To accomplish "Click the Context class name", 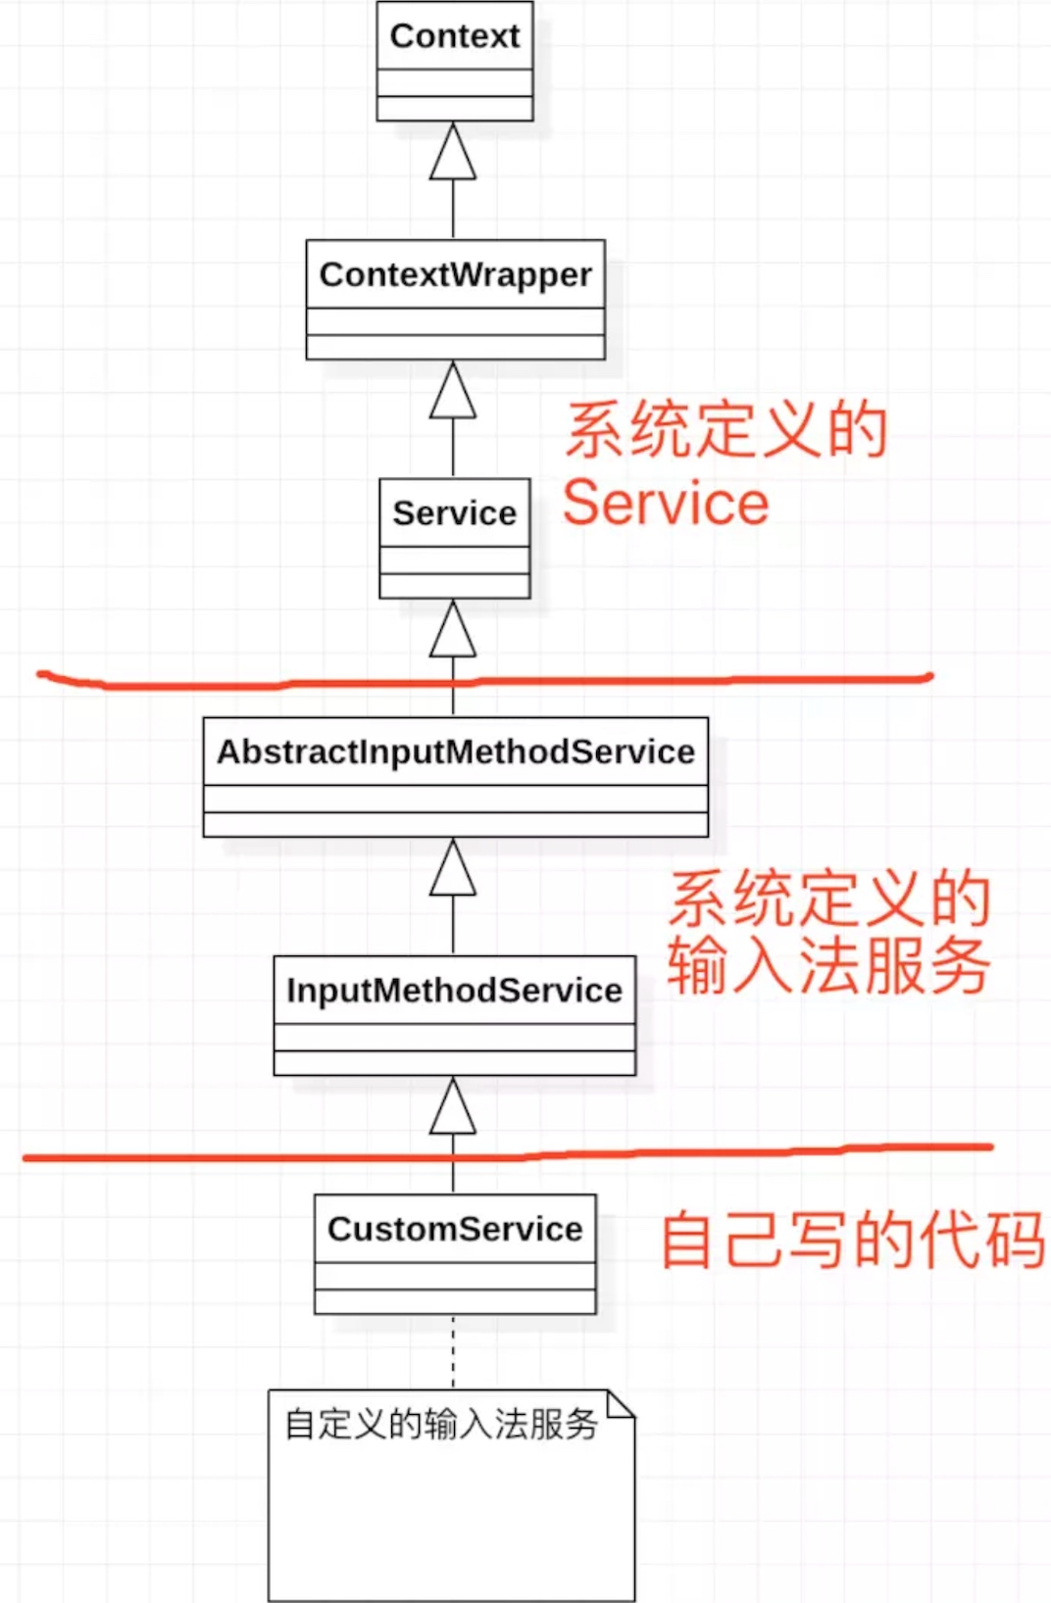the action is coord(455,36).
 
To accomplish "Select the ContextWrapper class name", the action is coord(455,274).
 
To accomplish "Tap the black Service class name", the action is coord(455,513).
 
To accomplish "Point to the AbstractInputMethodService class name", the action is coord(456,753).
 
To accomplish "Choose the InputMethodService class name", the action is coord(455,992).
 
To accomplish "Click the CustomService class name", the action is coord(455,1230).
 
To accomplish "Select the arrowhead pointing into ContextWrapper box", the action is coord(453,389).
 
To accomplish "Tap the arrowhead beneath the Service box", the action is coord(453,628).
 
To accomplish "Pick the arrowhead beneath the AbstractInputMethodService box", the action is coord(453,867).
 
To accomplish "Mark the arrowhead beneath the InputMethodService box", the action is coord(453,1106).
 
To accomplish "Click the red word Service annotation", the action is coord(666,503).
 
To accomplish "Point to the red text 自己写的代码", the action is coord(852,1240).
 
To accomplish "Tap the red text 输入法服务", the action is coord(829,965).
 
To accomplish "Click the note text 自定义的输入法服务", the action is coord(441,1424).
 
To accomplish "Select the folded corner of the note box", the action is coord(620,1403).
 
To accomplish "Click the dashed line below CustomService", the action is coord(453,1352).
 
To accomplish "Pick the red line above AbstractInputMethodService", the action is coord(484,681).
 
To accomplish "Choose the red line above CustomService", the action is coord(508,1153).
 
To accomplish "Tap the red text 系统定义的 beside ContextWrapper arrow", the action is coord(726,429).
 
